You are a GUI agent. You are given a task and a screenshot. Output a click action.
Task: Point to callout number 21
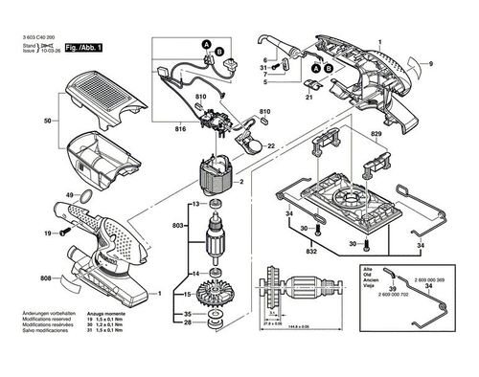point(310,99)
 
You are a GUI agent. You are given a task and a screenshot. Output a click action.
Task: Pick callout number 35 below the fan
point(188,314)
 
